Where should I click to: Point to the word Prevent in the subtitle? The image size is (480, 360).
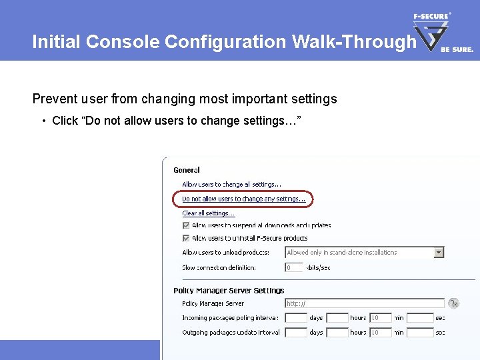54,99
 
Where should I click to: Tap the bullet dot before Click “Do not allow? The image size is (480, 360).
43,121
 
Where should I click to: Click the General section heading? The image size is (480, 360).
187,170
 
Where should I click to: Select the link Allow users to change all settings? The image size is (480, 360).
231,185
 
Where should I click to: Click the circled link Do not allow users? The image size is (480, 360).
243,199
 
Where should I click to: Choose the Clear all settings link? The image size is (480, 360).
208,213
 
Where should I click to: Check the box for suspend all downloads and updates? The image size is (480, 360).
186,226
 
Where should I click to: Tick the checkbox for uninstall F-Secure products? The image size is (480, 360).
186,238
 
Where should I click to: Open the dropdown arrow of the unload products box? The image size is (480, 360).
439,253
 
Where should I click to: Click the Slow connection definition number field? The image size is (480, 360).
293,267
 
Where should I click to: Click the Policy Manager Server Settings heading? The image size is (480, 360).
229,291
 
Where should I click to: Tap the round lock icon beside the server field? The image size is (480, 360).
453,303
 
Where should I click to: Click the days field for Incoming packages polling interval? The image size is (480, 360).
295,318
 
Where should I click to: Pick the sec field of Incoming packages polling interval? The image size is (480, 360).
420,318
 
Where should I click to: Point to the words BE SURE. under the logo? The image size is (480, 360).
457,49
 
